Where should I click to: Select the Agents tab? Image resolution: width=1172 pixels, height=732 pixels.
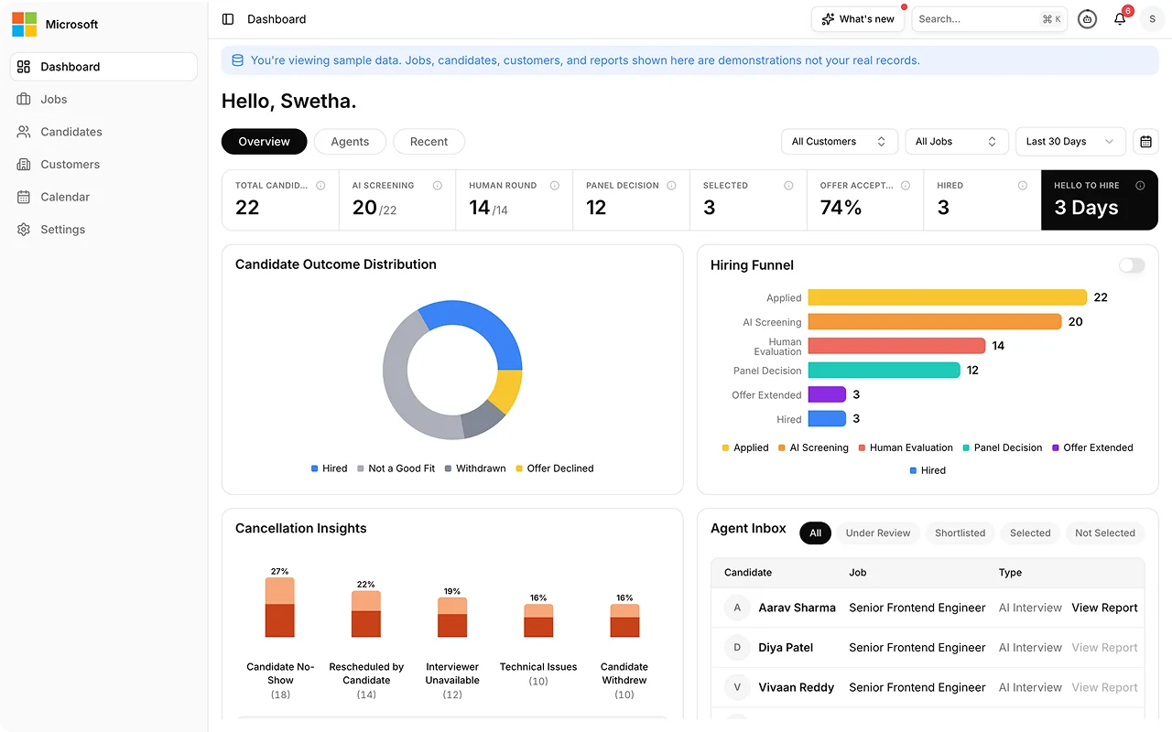(x=350, y=142)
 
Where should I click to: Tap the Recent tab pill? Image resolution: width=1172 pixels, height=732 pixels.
(x=429, y=142)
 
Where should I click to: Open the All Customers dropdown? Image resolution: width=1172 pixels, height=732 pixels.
(x=839, y=142)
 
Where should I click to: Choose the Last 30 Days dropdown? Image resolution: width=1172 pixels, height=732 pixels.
(x=1070, y=142)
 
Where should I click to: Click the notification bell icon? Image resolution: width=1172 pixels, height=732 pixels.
(x=1120, y=19)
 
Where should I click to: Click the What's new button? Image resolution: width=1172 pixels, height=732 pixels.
(x=858, y=19)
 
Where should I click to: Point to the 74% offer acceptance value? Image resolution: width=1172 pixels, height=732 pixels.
(x=841, y=208)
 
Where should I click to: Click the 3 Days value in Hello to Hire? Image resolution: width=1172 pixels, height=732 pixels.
(x=1086, y=208)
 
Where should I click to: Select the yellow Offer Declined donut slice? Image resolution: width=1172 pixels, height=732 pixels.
(x=507, y=391)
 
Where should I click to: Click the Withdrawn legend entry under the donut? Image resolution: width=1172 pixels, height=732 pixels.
(x=475, y=468)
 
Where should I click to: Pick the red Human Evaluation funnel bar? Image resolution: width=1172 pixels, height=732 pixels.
(x=896, y=346)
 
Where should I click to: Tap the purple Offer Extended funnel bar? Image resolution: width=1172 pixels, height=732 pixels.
(x=827, y=394)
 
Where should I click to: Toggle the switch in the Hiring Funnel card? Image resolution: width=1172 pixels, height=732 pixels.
(x=1132, y=265)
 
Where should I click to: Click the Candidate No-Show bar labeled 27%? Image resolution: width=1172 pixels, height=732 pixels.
(x=279, y=607)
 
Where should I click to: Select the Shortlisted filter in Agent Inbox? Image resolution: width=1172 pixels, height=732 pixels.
(x=960, y=533)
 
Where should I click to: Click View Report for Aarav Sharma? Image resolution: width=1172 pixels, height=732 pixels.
(x=1104, y=608)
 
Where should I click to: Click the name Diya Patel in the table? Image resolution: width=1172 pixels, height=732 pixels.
(x=786, y=647)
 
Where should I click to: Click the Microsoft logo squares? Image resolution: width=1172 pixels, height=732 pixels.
(x=24, y=24)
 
